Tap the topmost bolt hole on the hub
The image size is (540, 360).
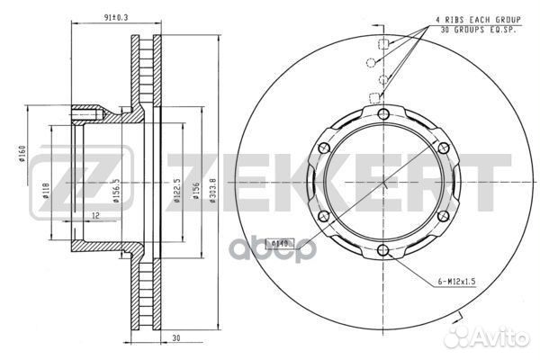point(384,113)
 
